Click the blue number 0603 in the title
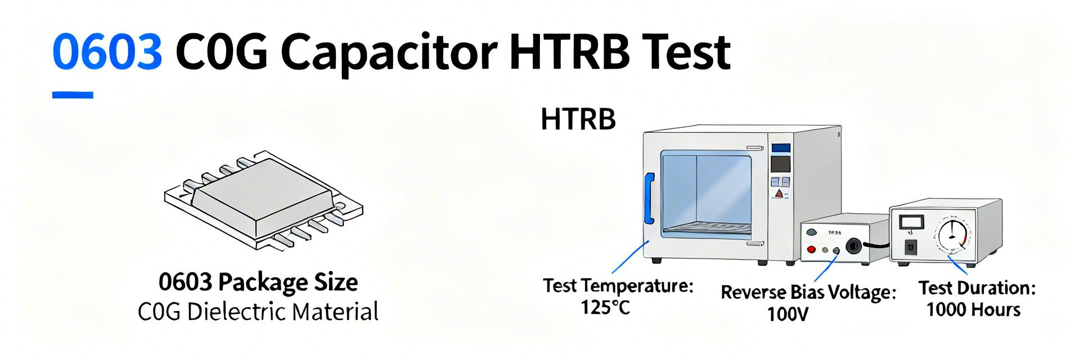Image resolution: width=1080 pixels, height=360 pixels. click(x=107, y=52)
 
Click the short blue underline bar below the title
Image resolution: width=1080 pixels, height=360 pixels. click(x=73, y=95)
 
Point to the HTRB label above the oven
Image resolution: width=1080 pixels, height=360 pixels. click(x=578, y=120)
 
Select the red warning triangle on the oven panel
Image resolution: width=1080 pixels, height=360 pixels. click(x=779, y=195)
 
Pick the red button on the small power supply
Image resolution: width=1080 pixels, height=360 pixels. click(x=812, y=249)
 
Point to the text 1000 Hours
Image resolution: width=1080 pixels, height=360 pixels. click(x=973, y=309)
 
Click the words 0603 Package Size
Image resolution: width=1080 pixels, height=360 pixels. click(x=258, y=282)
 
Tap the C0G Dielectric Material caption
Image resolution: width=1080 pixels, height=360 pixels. click(x=258, y=312)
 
